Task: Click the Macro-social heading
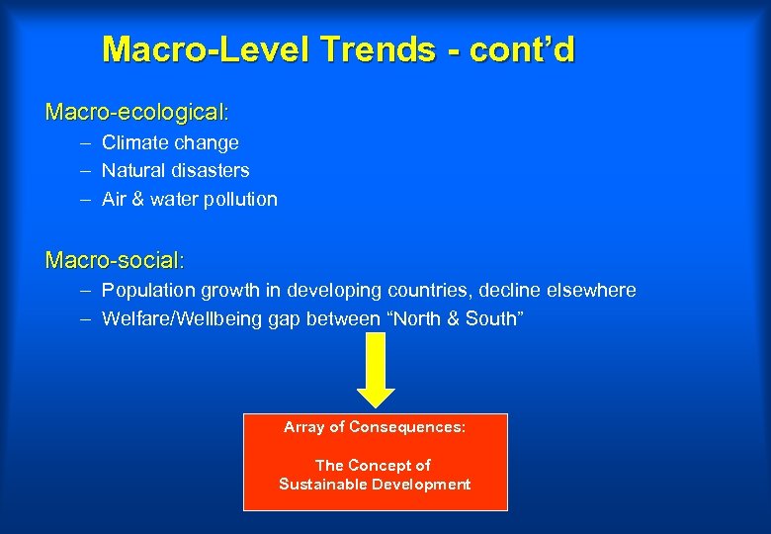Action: point(115,260)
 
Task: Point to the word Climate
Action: point(134,142)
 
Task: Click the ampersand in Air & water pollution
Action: point(137,199)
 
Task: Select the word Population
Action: point(148,290)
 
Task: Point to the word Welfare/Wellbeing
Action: point(182,318)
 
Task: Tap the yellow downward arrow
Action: point(376,370)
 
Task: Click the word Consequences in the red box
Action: point(407,427)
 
